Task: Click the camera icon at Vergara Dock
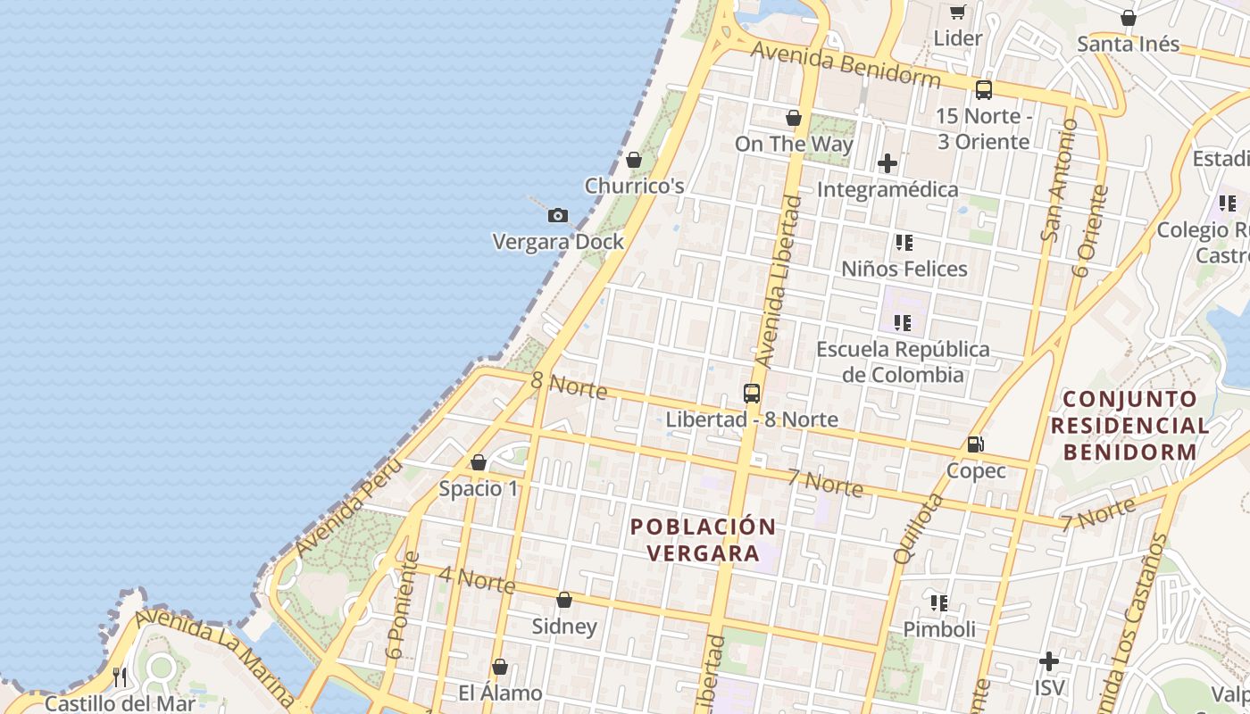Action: pos(558,215)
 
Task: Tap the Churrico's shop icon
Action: pos(634,160)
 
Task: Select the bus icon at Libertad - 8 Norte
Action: pos(752,393)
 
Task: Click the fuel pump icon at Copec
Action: pos(976,444)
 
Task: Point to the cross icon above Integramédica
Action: pos(887,163)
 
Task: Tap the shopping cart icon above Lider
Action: pos(958,12)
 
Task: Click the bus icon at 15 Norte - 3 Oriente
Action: pos(984,89)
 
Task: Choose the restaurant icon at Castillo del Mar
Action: pos(120,677)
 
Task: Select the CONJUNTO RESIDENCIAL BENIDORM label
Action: pos(1130,425)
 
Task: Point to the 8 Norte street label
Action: pos(569,386)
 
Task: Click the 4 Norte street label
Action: pos(477,579)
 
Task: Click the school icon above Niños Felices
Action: pos(904,242)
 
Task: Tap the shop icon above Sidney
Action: pos(564,600)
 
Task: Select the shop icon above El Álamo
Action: pos(500,667)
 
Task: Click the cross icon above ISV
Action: pos(1049,661)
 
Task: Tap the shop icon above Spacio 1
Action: pos(479,462)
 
